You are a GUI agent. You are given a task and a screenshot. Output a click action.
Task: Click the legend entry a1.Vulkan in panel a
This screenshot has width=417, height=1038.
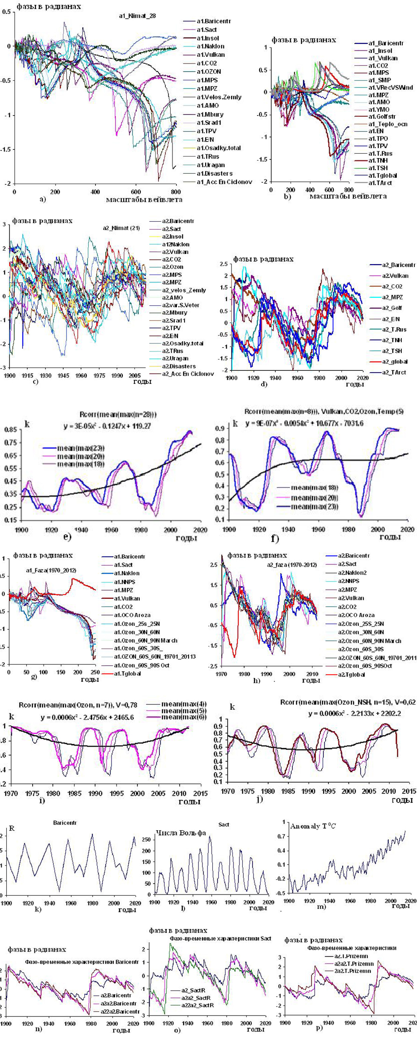(211, 55)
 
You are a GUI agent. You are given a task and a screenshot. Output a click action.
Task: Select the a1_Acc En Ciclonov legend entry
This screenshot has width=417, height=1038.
(224, 182)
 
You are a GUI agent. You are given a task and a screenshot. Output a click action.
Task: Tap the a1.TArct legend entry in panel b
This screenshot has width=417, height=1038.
(382, 183)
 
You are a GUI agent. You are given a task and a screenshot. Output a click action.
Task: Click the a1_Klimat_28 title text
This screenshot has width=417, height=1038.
(137, 16)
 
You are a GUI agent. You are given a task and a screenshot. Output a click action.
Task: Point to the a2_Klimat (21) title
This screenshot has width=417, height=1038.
(121, 228)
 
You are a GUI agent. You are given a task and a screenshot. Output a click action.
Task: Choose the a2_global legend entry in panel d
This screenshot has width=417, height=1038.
(395, 361)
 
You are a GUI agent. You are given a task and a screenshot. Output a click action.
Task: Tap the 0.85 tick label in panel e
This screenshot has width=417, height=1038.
(10, 430)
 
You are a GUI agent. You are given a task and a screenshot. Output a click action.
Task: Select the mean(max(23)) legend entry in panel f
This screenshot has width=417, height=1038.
(314, 506)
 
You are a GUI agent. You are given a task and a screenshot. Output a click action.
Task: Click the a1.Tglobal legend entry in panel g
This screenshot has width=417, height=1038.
(127, 673)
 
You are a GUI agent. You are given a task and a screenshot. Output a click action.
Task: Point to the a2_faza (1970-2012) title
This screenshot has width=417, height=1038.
(292, 565)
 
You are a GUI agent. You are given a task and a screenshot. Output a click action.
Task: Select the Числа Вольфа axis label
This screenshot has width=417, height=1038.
(181, 833)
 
